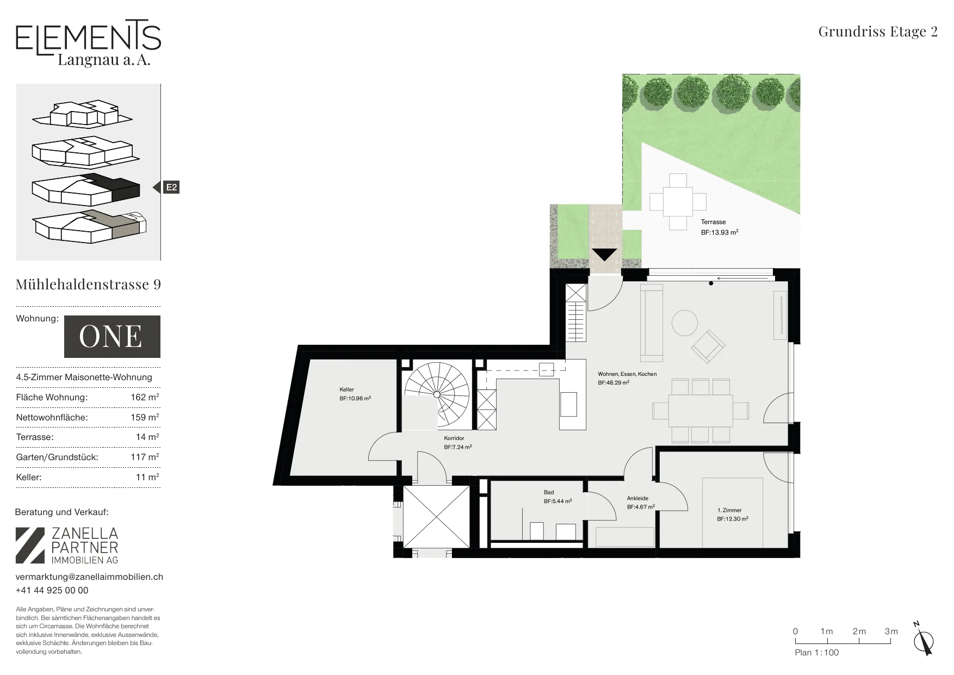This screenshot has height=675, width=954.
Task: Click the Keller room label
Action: tap(346, 389)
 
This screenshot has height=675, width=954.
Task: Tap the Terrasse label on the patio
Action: tap(713, 222)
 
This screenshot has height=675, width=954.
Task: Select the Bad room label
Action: tap(549, 492)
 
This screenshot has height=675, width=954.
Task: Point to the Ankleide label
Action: tap(637, 498)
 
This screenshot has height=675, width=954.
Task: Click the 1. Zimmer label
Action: tap(729, 510)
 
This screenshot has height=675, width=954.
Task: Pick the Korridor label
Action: tap(454, 438)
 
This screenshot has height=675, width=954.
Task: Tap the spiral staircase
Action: tap(436, 394)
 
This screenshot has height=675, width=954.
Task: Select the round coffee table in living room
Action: tap(685, 323)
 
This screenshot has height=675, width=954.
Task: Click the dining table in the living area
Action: tap(701, 410)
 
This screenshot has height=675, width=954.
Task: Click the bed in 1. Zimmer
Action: tap(732, 512)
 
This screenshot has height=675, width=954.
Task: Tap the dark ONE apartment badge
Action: tap(112, 337)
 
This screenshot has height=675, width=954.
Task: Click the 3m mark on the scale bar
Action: tap(891, 631)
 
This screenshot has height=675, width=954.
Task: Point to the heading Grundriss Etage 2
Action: tap(878, 32)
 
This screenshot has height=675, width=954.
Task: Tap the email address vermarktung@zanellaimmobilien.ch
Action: tap(89, 577)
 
